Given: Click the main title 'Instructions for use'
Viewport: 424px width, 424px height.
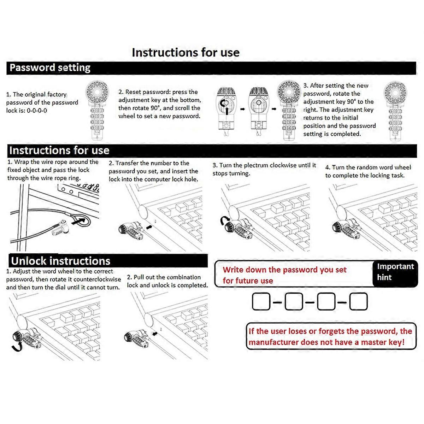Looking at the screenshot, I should [185, 53].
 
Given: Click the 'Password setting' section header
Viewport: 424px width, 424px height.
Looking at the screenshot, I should [50, 68].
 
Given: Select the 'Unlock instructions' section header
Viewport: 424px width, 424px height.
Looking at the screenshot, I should [60, 261].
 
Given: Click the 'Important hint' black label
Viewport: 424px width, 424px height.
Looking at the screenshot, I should [395, 272].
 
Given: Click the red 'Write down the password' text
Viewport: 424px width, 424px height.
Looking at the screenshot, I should [284, 275].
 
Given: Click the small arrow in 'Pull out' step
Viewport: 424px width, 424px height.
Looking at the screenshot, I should [154, 333].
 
